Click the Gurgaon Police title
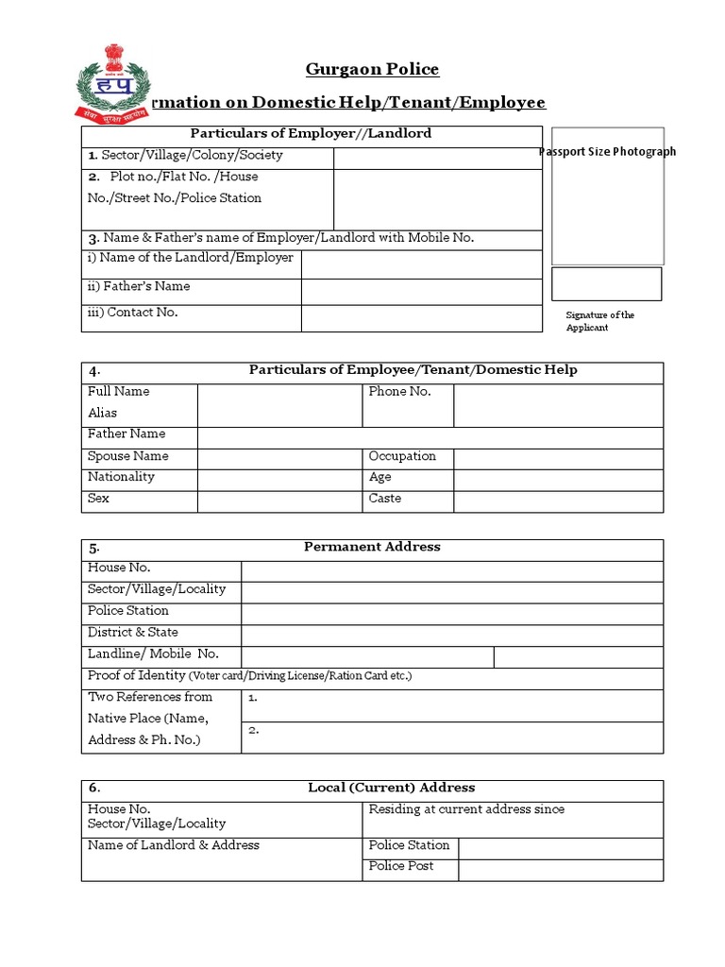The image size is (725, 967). coord(372,69)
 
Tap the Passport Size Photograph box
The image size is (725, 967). coord(607,195)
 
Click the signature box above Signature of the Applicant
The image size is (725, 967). coord(606,283)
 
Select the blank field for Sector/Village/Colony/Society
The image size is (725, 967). coord(438,157)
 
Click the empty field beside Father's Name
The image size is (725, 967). coord(422,292)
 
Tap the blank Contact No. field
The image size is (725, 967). coord(422,318)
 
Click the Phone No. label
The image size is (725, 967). coord(399,392)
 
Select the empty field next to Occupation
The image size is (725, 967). coord(558,458)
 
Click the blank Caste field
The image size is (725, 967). coord(558,500)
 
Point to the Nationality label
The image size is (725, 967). coord(121,478)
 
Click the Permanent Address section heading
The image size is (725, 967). coord(372,548)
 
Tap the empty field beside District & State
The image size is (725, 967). coord(452,635)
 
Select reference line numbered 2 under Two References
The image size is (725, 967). coord(453,738)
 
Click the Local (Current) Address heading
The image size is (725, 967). coord(392,789)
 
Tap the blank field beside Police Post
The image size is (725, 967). coord(561,869)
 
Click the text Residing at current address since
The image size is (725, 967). coord(466,810)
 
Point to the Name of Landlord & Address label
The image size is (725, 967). coord(173,846)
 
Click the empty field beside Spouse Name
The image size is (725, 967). coord(279,458)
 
